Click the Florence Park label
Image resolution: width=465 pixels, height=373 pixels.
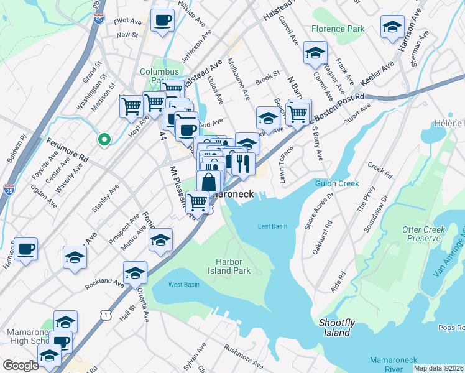pyautogui.click(x=338, y=29)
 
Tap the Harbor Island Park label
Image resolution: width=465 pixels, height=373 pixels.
pyautogui.click(x=233, y=266)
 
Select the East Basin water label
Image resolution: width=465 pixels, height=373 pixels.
pyautogui.click(x=272, y=226)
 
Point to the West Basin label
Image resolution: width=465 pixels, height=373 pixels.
pyautogui.click(x=183, y=285)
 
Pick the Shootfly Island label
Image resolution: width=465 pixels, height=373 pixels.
pyautogui.click(x=337, y=328)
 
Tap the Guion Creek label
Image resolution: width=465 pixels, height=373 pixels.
pyautogui.click(x=339, y=183)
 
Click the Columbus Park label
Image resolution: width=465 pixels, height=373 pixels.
pyautogui.click(x=159, y=76)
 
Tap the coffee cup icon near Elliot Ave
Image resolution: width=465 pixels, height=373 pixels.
pyautogui.click(x=163, y=21)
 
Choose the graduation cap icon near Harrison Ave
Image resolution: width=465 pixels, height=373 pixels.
pyautogui.click(x=392, y=27)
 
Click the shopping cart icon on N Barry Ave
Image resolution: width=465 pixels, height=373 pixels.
pyautogui.click(x=298, y=113)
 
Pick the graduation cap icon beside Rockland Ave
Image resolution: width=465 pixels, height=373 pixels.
pyautogui.click(x=135, y=273)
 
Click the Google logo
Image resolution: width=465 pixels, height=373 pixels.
pyautogui.click(x=21, y=366)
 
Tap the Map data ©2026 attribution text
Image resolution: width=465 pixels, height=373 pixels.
pyautogui.click(x=438, y=368)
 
